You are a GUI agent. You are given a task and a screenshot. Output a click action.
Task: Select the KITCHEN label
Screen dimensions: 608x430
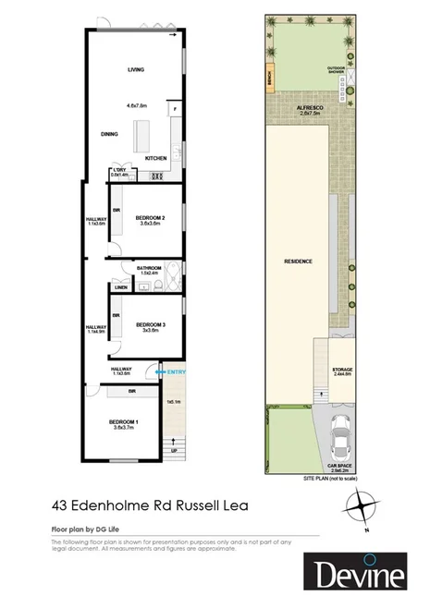155,159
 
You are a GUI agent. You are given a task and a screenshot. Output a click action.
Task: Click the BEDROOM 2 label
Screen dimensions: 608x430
151,217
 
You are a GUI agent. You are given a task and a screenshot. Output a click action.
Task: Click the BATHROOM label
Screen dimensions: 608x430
149,268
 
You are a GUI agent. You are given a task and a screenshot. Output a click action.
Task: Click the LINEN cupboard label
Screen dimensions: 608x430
120,288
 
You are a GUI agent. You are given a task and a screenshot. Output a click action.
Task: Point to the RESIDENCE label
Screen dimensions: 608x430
297,261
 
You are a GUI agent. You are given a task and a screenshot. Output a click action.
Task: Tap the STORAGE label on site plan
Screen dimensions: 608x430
342,370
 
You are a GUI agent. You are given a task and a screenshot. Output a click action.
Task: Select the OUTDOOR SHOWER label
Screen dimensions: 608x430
336,69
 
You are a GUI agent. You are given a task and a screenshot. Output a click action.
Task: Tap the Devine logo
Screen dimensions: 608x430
356,575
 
